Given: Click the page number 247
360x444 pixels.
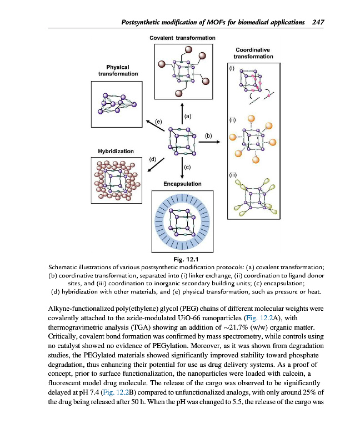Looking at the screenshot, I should click(x=318, y=22).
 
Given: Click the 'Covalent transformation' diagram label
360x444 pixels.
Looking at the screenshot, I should click(x=182, y=38).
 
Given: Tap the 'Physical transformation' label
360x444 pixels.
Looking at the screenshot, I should click(x=118, y=70).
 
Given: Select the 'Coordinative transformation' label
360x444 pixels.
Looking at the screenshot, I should click(x=253, y=53).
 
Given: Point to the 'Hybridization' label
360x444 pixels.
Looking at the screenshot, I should click(x=116, y=151).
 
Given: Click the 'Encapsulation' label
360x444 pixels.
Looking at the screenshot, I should click(x=182, y=184).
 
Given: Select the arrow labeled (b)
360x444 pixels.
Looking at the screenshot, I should click(x=209, y=142).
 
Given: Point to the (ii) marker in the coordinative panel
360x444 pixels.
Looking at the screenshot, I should click(x=233, y=119).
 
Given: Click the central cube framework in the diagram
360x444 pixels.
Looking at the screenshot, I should click(x=182, y=142).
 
